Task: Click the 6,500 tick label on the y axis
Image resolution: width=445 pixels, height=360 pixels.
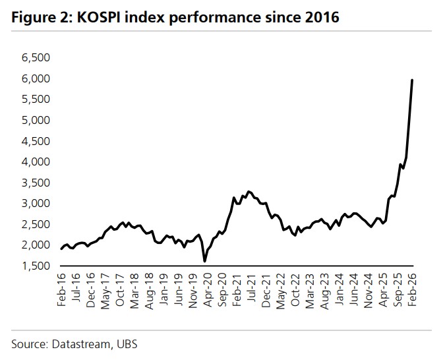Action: (x=36, y=58)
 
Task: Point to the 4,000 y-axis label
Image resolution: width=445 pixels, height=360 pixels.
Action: (x=36, y=162)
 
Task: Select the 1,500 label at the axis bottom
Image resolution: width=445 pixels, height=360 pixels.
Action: (x=36, y=266)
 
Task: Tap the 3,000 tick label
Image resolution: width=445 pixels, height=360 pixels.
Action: (x=36, y=203)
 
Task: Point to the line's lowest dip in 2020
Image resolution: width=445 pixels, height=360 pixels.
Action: (x=204, y=261)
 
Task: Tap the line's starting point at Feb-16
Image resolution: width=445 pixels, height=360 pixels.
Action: (x=62, y=249)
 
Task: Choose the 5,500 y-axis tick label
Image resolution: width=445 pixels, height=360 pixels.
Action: (x=36, y=100)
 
